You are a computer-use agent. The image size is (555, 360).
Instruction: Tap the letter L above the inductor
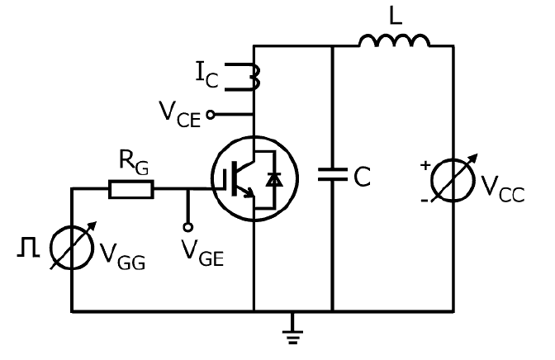coord(396,16)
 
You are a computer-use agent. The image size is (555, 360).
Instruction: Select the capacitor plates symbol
coord(332,174)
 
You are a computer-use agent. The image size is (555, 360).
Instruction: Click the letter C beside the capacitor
coord(362,176)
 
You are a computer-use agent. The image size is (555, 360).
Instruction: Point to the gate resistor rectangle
coord(131,189)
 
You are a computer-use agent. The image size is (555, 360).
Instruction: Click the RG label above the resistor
coord(134,163)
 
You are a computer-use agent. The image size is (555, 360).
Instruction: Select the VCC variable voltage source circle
coord(453,180)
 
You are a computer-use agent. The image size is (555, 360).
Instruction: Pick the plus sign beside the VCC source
coord(425,165)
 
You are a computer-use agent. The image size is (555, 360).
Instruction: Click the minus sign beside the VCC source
coord(425,201)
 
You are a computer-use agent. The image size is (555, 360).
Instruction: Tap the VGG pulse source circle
coord(72,248)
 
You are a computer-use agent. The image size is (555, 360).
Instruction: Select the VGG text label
coord(122,257)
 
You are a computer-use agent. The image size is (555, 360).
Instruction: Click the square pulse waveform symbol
coord(28,247)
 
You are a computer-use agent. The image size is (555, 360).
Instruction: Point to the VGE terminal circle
coord(188,227)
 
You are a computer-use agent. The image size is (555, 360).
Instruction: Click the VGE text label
coord(202,253)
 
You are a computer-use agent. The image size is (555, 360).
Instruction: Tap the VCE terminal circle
coord(211,115)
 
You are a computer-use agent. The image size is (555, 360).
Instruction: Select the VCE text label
coord(180,114)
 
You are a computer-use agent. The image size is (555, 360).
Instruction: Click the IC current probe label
coord(207,74)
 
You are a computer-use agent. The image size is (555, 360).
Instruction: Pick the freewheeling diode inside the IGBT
coord(274,180)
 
